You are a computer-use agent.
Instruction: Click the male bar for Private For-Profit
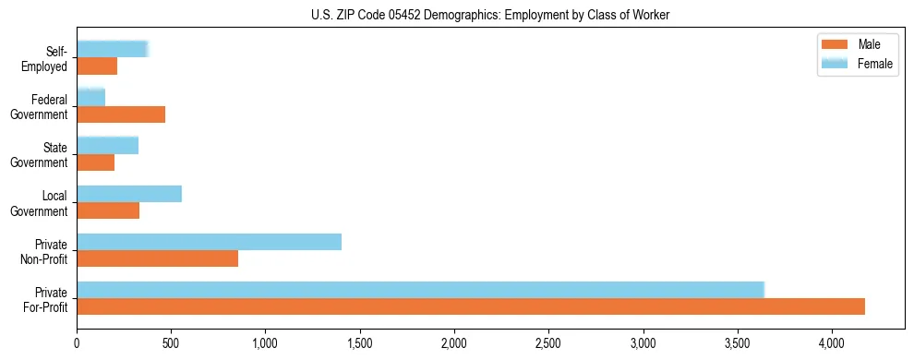(471, 306)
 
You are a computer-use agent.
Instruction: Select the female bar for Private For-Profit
(420, 290)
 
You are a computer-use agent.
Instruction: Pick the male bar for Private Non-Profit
(157, 258)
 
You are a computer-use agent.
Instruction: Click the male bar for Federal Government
(121, 114)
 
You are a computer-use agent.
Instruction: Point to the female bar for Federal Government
(90, 97)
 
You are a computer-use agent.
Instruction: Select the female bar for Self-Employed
(112, 49)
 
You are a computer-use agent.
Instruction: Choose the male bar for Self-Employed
(97, 66)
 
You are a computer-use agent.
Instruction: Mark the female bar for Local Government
(129, 194)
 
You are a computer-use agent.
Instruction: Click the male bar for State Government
(95, 162)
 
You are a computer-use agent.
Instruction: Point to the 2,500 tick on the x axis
(548, 341)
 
